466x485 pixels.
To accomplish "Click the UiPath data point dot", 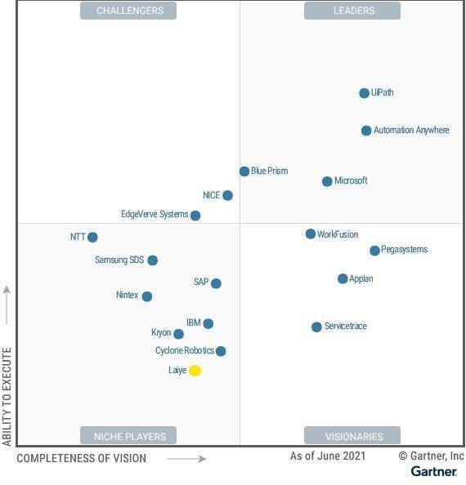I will [364, 93].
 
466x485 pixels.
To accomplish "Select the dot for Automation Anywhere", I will [366, 131].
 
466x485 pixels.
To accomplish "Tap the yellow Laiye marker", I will [195, 371].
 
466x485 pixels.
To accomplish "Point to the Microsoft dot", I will [327, 181].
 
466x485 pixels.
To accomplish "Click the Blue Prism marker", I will [244, 171].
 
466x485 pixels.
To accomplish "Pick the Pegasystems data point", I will [374, 251].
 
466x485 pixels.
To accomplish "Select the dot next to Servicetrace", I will [316, 327].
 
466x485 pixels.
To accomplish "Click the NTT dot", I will [92, 238].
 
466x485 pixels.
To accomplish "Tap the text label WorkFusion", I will [338, 235].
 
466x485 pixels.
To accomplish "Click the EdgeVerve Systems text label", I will [155, 215].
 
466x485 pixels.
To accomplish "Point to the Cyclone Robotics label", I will [185, 351].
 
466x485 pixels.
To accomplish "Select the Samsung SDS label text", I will [119, 260].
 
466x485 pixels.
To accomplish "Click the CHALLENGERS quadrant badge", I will [129, 11].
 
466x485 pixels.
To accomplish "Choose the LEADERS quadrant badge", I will [352, 11].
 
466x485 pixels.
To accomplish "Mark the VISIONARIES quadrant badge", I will [352, 436].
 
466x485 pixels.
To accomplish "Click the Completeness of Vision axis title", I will [81, 458].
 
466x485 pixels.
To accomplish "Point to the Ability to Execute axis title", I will [7, 396].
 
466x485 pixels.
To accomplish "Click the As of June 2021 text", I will [327, 456].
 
